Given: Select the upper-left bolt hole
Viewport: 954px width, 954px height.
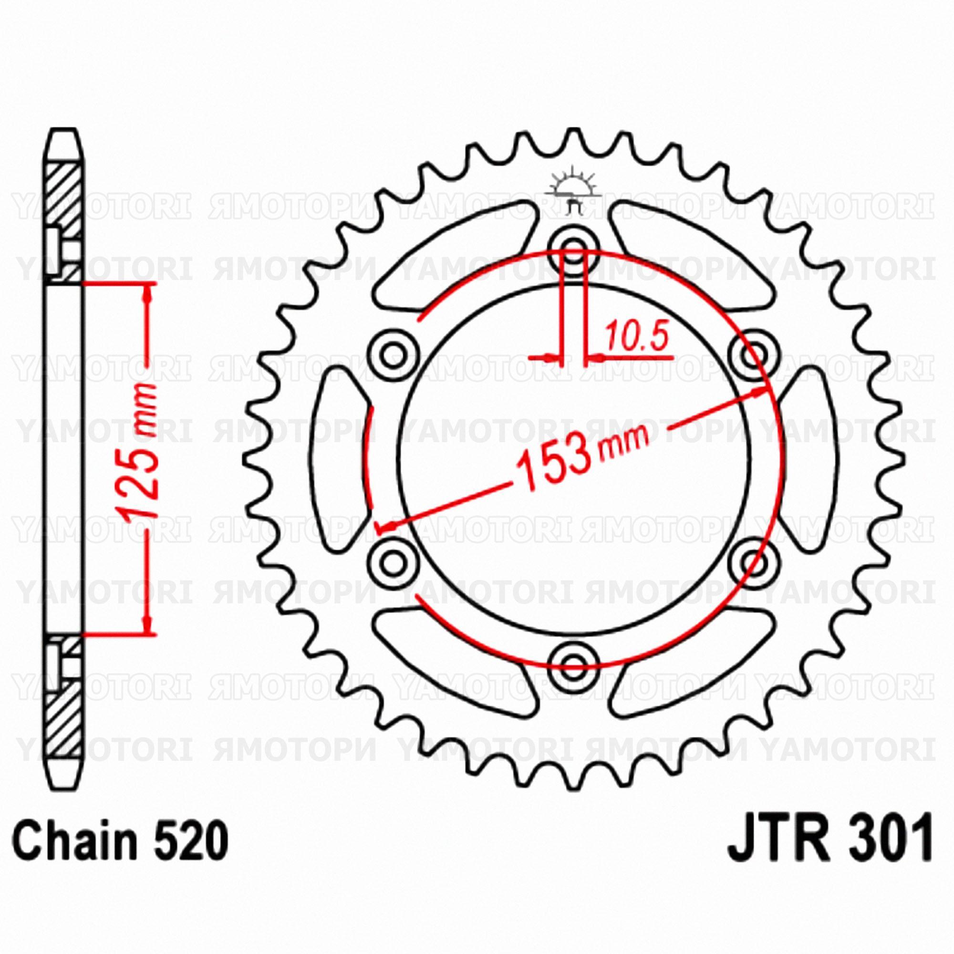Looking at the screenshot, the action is click(393, 353).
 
